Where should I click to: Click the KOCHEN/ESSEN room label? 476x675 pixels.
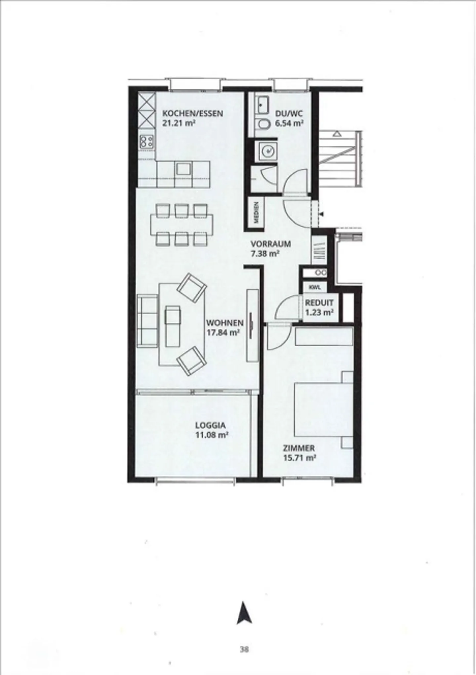point(192,113)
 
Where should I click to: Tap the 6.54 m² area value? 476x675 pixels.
point(290,124)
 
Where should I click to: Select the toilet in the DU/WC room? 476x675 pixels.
point(264,124)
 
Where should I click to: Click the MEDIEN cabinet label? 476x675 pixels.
point(257,213)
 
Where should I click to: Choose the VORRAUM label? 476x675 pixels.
point(271,244)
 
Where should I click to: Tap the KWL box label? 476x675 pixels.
point(315,287)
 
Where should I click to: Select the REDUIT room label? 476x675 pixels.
point(319,303)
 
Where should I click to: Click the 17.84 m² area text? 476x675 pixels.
point(223,333)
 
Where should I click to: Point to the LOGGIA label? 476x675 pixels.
point(210,425)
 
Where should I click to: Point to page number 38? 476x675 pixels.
point(244,650)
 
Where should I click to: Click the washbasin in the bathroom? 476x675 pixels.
point(263,104)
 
